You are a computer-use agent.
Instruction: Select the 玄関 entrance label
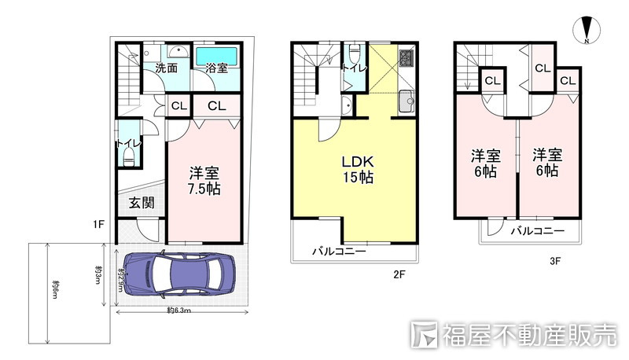[x=141, y=203]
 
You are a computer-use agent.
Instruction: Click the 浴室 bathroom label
[x=216, y=69]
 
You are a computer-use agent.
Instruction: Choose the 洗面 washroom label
[x=165, y=69]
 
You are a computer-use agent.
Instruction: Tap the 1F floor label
[x=97, y=226]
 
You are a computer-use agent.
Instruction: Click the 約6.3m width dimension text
[x=180, y=311]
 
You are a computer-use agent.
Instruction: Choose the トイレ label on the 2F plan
[x=352, y=69]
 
